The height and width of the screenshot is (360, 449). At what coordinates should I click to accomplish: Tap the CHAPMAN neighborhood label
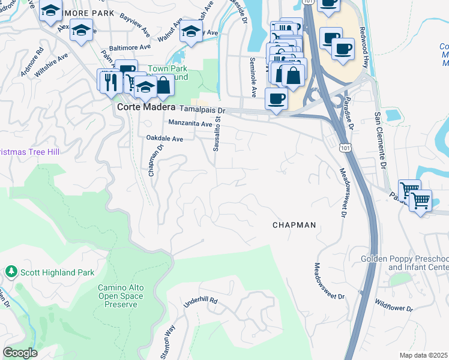294,225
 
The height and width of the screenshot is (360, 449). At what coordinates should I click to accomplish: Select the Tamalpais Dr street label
202,110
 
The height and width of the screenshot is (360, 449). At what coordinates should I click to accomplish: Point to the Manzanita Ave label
190,124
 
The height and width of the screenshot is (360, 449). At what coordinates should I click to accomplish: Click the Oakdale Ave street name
164,138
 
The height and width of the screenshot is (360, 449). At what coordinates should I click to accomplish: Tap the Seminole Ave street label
253,77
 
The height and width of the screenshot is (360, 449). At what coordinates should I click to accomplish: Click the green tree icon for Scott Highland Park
11,272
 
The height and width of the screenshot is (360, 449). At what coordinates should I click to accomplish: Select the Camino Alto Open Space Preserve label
121,296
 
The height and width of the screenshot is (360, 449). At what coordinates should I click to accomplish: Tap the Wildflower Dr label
394,304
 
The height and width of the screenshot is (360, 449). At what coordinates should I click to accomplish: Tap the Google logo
20,353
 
